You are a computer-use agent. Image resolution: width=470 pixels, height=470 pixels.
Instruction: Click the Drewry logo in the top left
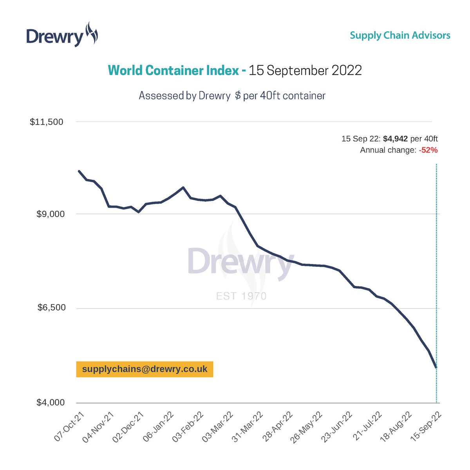tap(62, 35)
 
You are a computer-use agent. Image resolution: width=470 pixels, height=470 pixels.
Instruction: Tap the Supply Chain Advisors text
tap(400, 35)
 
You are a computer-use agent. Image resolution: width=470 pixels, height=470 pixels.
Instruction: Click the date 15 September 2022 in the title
tap(305, 70)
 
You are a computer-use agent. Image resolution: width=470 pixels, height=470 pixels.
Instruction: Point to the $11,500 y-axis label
tap(47, 122)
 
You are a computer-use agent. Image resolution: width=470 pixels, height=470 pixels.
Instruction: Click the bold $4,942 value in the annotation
tap(395, 139)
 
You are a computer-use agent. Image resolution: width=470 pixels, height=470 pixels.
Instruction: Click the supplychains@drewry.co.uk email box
tap(145, 369)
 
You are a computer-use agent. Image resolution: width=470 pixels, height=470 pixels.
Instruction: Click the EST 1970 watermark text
tap(241, 296)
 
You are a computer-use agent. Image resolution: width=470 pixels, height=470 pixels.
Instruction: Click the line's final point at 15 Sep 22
tap(436, 367)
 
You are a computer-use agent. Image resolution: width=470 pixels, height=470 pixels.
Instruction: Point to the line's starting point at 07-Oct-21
tap(79, 171)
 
